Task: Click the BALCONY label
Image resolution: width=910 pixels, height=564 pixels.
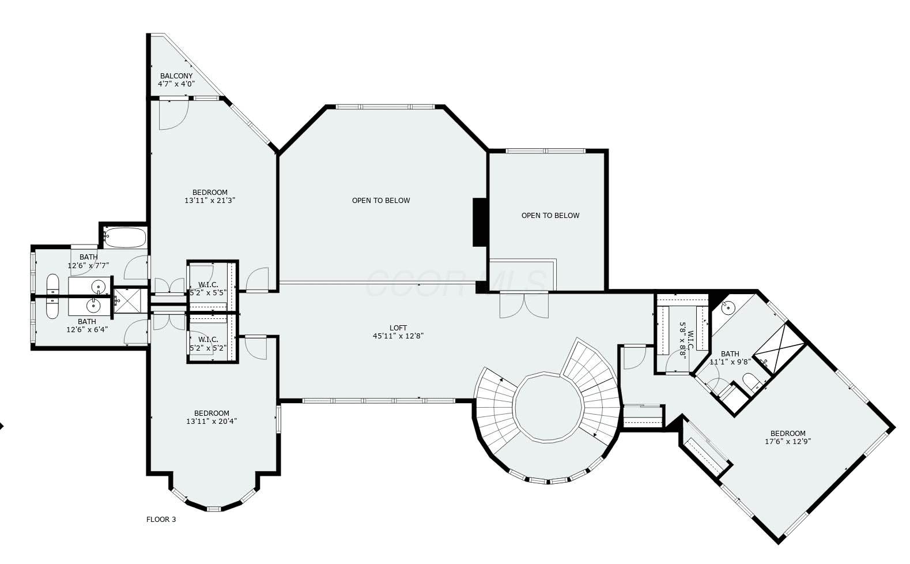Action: point(176,76)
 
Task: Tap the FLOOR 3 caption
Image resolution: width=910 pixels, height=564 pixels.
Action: point(161,519)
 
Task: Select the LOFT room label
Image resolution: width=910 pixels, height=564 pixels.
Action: point(398,328)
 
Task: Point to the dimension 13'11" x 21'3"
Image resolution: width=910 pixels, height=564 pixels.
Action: point(210,201)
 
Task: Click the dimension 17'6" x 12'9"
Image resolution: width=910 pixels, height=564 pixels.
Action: point(788,442)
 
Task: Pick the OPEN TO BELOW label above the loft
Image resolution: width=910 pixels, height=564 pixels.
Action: point(381,201)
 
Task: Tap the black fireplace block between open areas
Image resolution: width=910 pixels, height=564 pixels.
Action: point(479,222)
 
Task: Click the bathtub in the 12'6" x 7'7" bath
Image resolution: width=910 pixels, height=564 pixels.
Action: point(124,238)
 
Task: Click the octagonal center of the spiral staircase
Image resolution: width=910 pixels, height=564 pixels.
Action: point(547,407)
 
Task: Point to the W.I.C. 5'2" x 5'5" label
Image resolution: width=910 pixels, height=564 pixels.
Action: point(208,289)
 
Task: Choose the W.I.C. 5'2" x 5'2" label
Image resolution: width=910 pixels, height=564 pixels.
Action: point(208,344)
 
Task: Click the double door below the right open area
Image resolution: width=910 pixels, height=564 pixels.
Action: point(524,305)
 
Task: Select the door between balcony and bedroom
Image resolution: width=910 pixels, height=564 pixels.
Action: point(174,114)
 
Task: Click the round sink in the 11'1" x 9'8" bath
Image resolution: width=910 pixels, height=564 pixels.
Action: point(728,307)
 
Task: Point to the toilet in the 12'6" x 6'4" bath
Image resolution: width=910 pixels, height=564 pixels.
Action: point(52,308)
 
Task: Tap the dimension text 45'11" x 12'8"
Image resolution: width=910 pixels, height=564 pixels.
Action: point(398,336)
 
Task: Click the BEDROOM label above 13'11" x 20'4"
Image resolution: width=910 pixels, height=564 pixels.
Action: point(212,413)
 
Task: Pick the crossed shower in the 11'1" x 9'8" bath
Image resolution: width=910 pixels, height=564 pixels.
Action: point(779,348)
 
